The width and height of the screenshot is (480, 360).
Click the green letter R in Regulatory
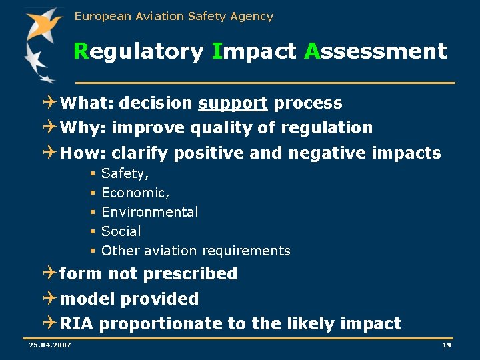pyautogui.click(x=81, y=51)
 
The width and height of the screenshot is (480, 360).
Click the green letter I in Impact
pyautogui.click(x=216, y=51)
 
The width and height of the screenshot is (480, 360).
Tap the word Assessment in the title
pyautogui.click(x=375, y=51)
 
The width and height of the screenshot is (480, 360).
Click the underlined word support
pyautogui.click(x=233, y=103)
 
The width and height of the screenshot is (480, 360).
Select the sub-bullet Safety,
pyautogui.click(x=125, y=174)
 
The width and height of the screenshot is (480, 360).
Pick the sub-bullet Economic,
pyautogui.click(x=135, y=193)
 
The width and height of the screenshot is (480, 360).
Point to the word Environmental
pyautogui.click(x=149, y=212)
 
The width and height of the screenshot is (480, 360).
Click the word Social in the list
pyautogui.click(x=121, y=231)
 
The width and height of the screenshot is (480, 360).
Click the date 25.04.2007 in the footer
pyautogui.click(x=51, y=344)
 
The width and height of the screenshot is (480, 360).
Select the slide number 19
pyautogui.click(x=447, y=344)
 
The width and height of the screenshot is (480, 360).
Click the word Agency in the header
pyautogui.click(x=252, y=16)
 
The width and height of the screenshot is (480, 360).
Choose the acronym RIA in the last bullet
pyautogui.click(x=77, y=324)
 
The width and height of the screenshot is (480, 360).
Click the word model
pyautogui.click(x=85, y=299)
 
